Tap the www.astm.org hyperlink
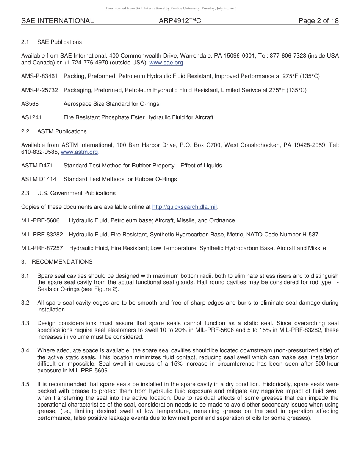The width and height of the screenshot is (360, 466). pos(80,152)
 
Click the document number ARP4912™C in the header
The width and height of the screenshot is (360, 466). pos(180,21)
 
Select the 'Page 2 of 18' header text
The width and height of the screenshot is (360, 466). pos(318,21)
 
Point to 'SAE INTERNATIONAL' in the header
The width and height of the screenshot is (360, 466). pos(58,21)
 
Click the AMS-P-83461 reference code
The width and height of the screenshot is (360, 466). pos(39,76)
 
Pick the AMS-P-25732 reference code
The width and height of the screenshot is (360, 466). pos(39,90)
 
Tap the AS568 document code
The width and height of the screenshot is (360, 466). pos(30,104)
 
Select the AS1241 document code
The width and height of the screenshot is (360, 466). pos(31,117)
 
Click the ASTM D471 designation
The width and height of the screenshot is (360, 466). pos(37,166)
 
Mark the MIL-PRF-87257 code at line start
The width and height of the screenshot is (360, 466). pos(42,248)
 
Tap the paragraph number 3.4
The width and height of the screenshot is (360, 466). pos(25,350)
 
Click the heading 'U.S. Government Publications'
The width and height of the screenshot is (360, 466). pos(76,193)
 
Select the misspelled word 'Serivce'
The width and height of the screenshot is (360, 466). pos(256,90)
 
